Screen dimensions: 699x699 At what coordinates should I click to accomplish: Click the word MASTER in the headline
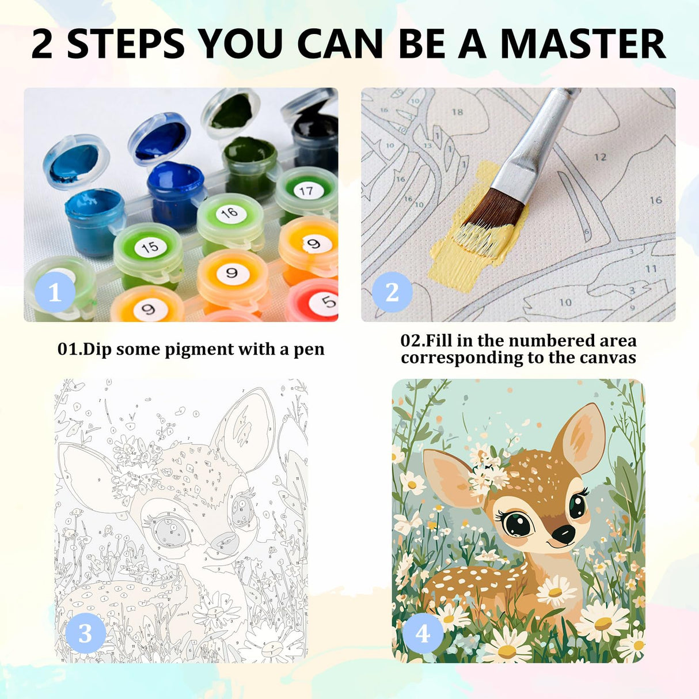(582, 44)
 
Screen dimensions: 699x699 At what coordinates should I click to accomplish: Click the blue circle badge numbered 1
(55, 292)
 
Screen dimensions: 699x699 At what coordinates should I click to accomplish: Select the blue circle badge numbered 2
(392, 292)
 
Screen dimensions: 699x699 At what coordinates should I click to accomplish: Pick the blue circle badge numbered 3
(85, 633)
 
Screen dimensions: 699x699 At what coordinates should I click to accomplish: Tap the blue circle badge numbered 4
(423, 633)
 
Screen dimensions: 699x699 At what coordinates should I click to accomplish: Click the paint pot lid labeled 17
(306, 191)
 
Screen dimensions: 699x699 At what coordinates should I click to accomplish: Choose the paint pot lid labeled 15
(149, 247)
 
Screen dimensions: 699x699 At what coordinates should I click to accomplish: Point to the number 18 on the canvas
(457, 112)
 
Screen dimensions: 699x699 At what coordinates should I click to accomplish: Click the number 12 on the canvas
(600, 157)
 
